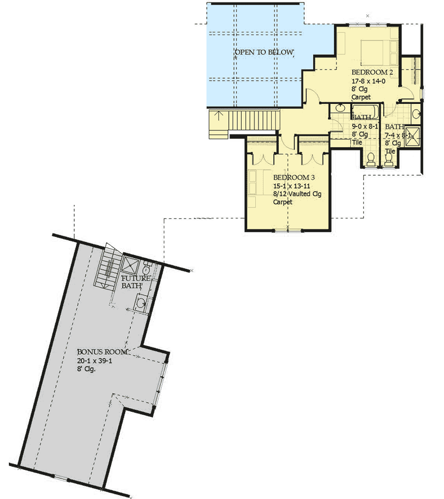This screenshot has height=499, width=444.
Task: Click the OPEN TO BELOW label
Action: point(264,52)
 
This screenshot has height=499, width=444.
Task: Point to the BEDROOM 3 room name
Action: point(294,177)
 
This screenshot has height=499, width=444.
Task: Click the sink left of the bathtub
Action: point(339,108)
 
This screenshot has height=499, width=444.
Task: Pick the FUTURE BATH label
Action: point(132,282)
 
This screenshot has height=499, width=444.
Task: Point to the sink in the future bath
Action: point(141,303)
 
